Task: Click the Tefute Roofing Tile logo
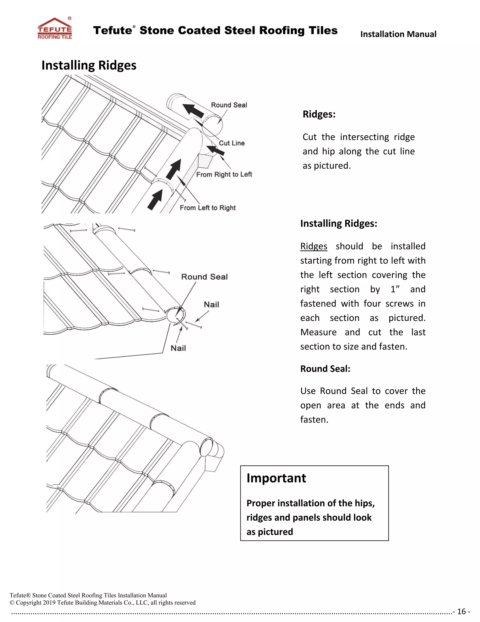(x=55, y=28)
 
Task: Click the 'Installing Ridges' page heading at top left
(x=89, y=65)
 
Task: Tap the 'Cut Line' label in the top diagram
(x=232, y=143)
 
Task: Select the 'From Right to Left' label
(x=224, y=174)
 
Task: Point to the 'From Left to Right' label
(x=208, y=208)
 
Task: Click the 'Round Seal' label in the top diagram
(x=229, y=105)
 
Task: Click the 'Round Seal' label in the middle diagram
(x=204, y=276)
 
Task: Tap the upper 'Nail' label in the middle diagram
(x=211, y=304)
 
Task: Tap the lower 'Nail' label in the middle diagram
(x=178, y=348)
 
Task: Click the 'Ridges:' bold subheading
(x=319, y=114)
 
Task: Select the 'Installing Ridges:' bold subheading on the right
(x=339, y=223)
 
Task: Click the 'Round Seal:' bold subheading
(x=325, y=369)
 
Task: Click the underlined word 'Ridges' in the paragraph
(x=314, y=246)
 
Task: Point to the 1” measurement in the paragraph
(x=395, y=289)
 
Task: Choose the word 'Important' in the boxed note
(x=276, y=478)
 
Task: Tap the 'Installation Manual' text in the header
(x=398, y=34)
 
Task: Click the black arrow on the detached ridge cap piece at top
(x=193, y=111)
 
